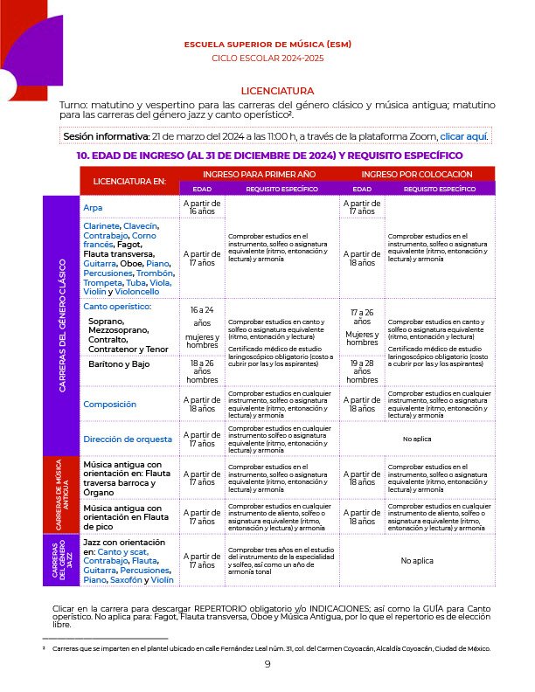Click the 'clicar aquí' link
463,137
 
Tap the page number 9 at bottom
267,664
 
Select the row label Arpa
93,208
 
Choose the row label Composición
109,405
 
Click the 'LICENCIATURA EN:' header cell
123,181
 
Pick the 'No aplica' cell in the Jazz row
417,561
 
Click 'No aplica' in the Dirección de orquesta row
417,439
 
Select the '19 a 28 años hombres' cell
362,371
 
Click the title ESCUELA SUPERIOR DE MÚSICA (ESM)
267,44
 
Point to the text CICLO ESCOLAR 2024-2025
267,58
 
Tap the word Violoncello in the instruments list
135,291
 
